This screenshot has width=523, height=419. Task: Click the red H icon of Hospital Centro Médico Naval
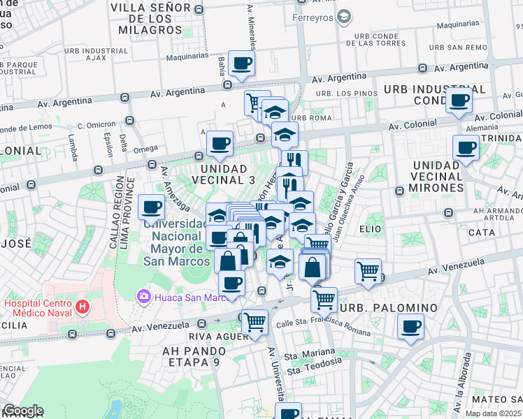[83, 306]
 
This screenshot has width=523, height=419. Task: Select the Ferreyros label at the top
[313, 17]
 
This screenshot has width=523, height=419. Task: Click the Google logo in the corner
[22, 411]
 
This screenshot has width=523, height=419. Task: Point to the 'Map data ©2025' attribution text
[494, 413]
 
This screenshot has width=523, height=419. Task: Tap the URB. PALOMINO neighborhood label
[388, 308]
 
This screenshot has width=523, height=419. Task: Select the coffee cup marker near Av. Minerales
[241, 64]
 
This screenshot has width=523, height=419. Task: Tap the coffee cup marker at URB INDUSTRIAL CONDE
[459, 101]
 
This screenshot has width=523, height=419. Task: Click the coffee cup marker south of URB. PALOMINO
[410, 326]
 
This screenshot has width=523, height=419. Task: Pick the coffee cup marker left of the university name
[152, 207]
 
